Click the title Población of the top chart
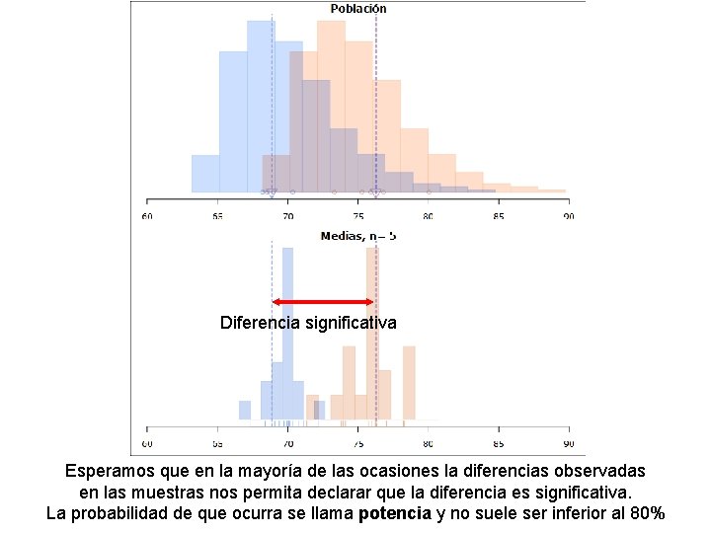[357, 9]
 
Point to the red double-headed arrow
[323, 302]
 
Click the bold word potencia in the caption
[395, 513]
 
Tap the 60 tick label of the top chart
[147, 215]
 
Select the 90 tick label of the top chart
[567, 215]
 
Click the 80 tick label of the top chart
[428, 215]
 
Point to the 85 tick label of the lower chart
[498, 430]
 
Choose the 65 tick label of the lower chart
[217, 430]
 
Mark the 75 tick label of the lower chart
[357, 430]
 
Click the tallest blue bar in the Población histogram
[261, 104]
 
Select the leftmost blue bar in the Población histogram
[204, 174]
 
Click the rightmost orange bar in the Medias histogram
[409, 383]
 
